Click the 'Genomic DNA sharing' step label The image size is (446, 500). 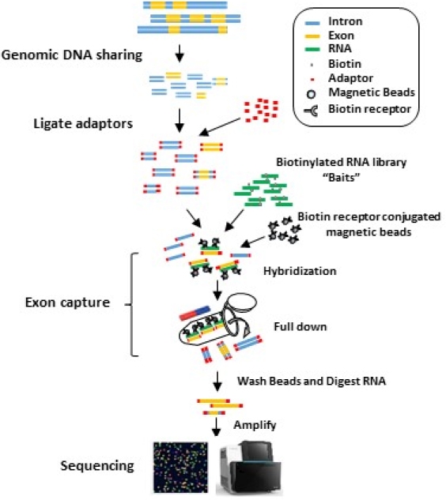pyautogui.click(x=72, y=55)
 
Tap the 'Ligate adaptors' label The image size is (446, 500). pyautogui.click(x=83, y=123)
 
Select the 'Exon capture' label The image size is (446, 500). pyautogui.click(x=67, y=302)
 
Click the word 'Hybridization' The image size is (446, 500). pyautogui.click(x=300, y=271)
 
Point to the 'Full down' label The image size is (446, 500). pyautogui.click(x=300, y=326)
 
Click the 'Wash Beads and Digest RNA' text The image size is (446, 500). pyautogui.click(x=312, y=381)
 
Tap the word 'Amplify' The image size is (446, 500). pyautogui.click(x=255, y=425)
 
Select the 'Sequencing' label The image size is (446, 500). pyautogui.click(x=97, y=466)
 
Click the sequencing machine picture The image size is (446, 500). pyautogui.click(x=249, y=467)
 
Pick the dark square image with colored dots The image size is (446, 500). pyautogui.click(x=181, y=467)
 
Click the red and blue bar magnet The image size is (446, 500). pyautogui.click(x=195, y=313)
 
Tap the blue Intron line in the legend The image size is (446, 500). pyautogui.click(x=312, y=23)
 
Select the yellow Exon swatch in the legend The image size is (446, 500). pyautogui.click(x=312, y=36)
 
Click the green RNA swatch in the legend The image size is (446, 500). pyautogui.click(x=312, y=50)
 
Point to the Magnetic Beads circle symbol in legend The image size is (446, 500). pyautogui.click(x=311, y=94)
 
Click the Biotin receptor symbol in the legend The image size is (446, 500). pyautogui.click(x=311, y=111)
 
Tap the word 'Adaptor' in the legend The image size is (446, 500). pyautogui.click(x=350, y=78)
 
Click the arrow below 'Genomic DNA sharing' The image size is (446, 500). pyautogui.click(x=180, y=54)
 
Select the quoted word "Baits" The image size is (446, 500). pyautogui.click(x=342, y=177)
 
